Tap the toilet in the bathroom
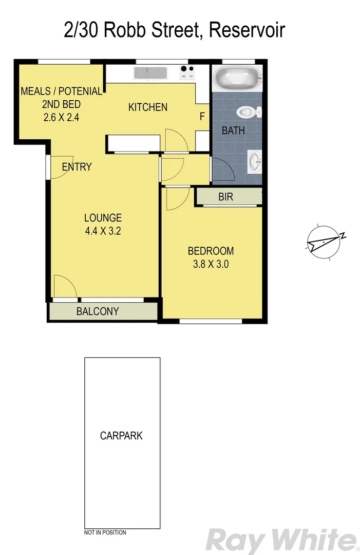coord(248,112)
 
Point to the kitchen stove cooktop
coord(187,73)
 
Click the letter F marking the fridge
coord(202,117)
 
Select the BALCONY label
coord(98,311)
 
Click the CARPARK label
coord(121,436)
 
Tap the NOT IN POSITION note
coord(105,532)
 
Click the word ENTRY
coord(77,166)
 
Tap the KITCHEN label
coord(147,107)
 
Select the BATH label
coord(233,131)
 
